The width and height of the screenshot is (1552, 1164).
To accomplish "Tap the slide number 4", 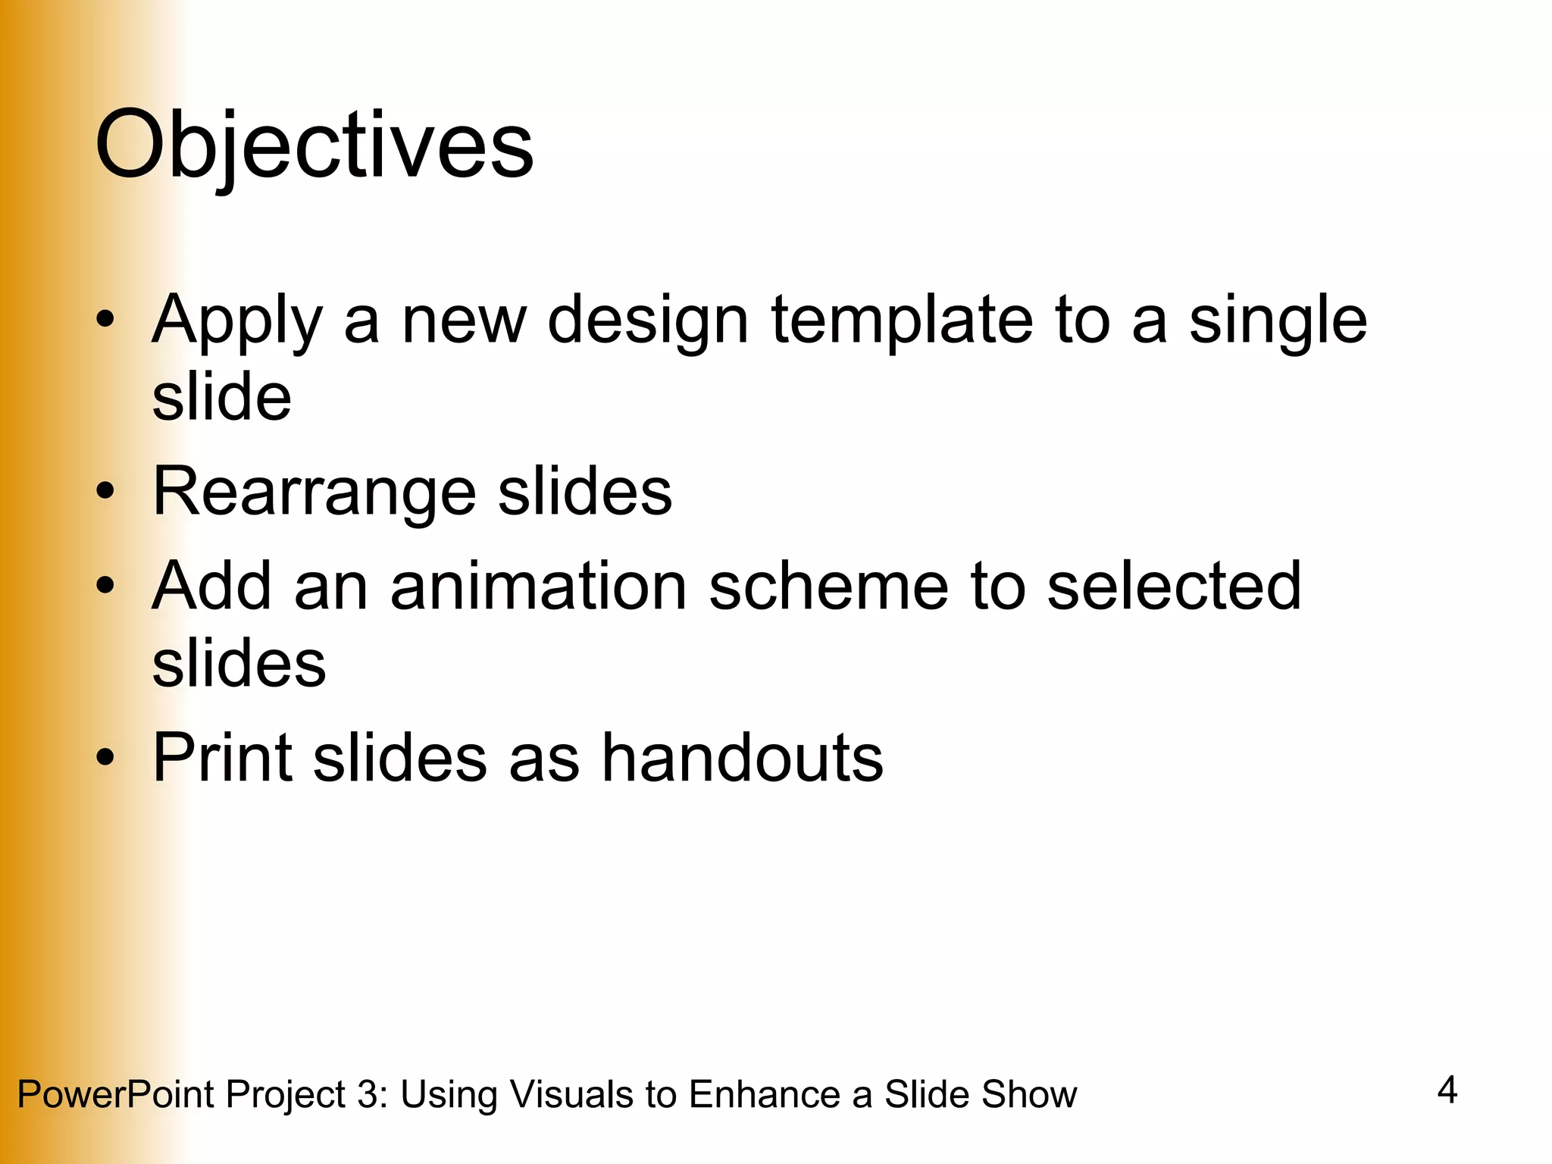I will (1447, 1090).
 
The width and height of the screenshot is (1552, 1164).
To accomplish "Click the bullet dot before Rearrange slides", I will (105, 490).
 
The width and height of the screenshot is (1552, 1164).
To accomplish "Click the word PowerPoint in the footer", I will (115, 1094).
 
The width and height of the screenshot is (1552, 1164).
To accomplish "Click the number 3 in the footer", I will (369, 1094).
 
